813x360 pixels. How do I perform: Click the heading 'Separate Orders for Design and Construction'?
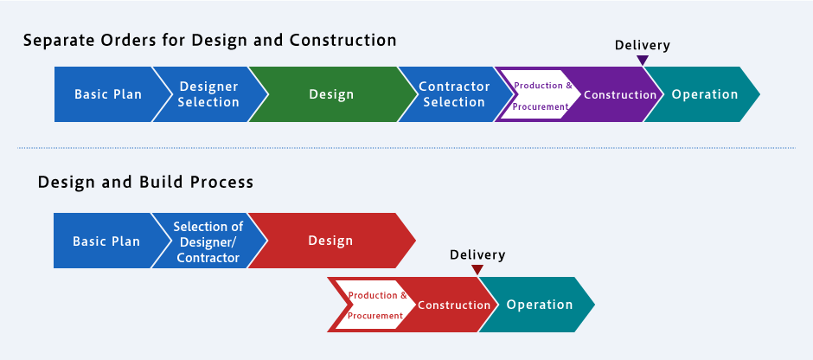[209, 41]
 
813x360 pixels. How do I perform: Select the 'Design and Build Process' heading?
[145, 183]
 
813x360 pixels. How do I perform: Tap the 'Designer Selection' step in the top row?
[208, 94]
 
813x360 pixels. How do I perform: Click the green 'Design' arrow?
[331, 94]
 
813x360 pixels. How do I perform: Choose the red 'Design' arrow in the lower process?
[330, 241]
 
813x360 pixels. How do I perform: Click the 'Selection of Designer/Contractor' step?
[208, 241]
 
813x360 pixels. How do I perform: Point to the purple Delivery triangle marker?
[642, 61]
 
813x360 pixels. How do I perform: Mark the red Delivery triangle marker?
[477, 270]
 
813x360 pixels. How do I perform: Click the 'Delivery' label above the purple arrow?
[642, 45]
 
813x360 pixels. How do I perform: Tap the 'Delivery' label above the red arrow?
[477, 254]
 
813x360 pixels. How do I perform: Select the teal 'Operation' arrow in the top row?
[705, 94]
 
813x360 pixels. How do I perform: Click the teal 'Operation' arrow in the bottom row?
[540, 305]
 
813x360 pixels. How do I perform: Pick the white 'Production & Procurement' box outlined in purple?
[541, 95]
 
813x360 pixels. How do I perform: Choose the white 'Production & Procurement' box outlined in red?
[374, 305]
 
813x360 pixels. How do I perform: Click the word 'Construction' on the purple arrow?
[620, 95]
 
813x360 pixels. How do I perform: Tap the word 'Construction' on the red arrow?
[454, 305]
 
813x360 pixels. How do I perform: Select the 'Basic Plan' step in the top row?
[108, 94]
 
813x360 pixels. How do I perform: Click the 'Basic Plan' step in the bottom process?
[106, 241]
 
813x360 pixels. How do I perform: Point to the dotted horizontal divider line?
[406, 147]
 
